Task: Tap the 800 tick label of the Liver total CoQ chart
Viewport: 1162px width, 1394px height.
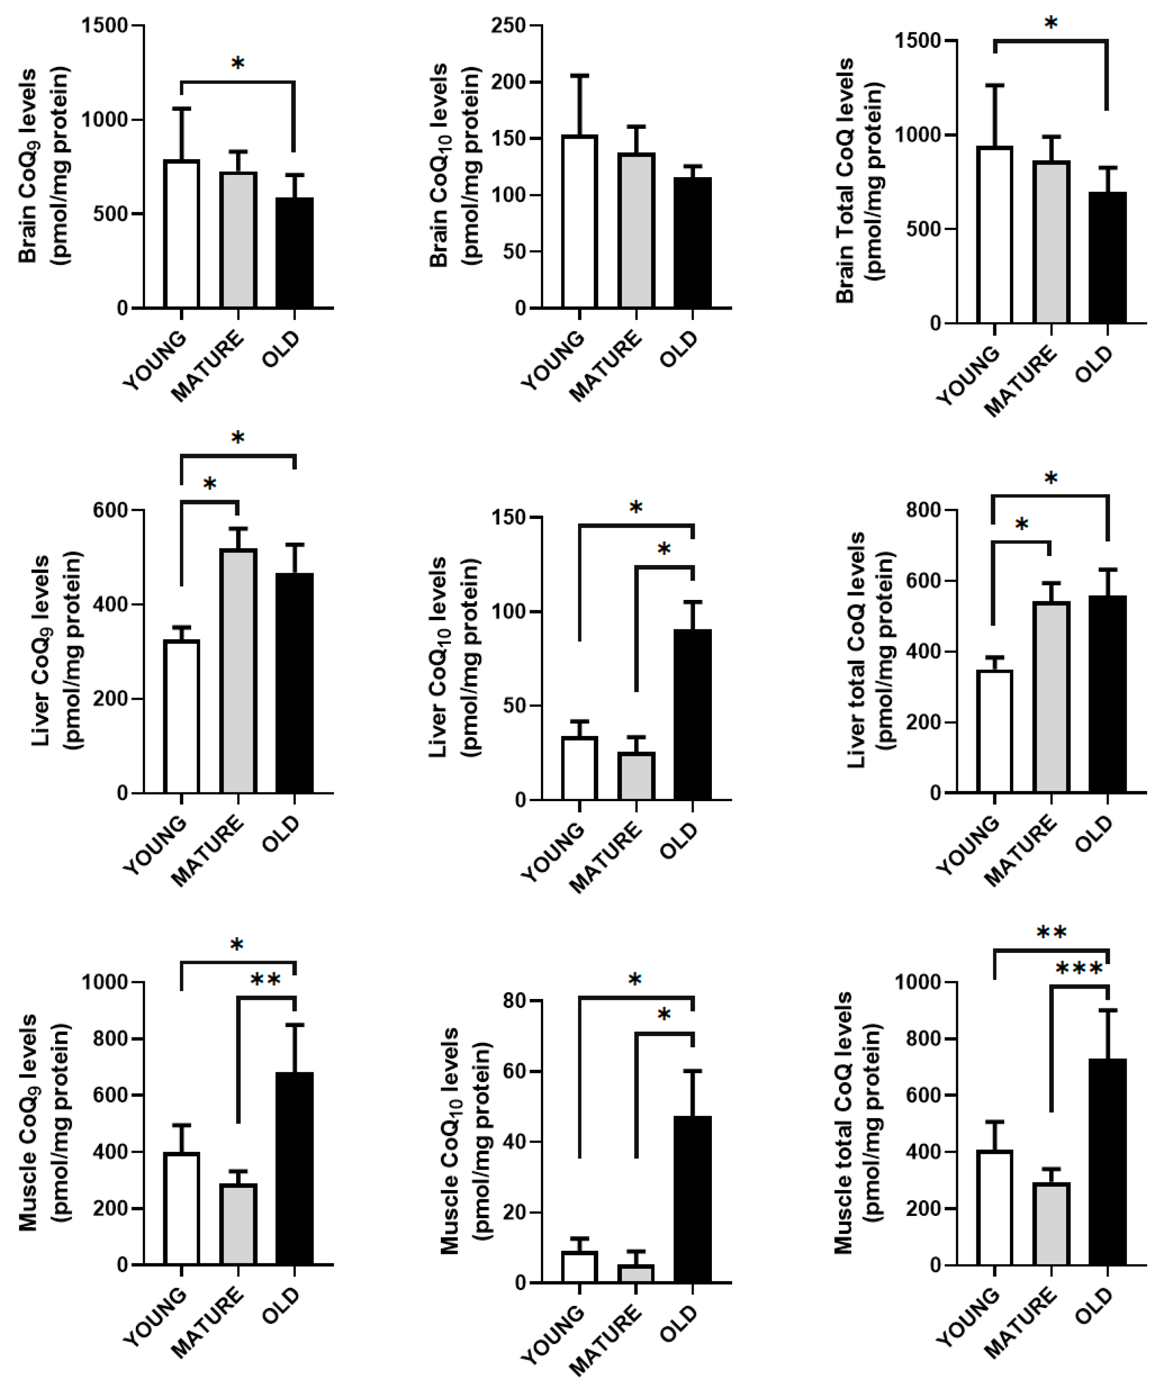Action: [923, 510]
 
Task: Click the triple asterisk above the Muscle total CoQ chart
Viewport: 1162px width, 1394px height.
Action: [1079, 970]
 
